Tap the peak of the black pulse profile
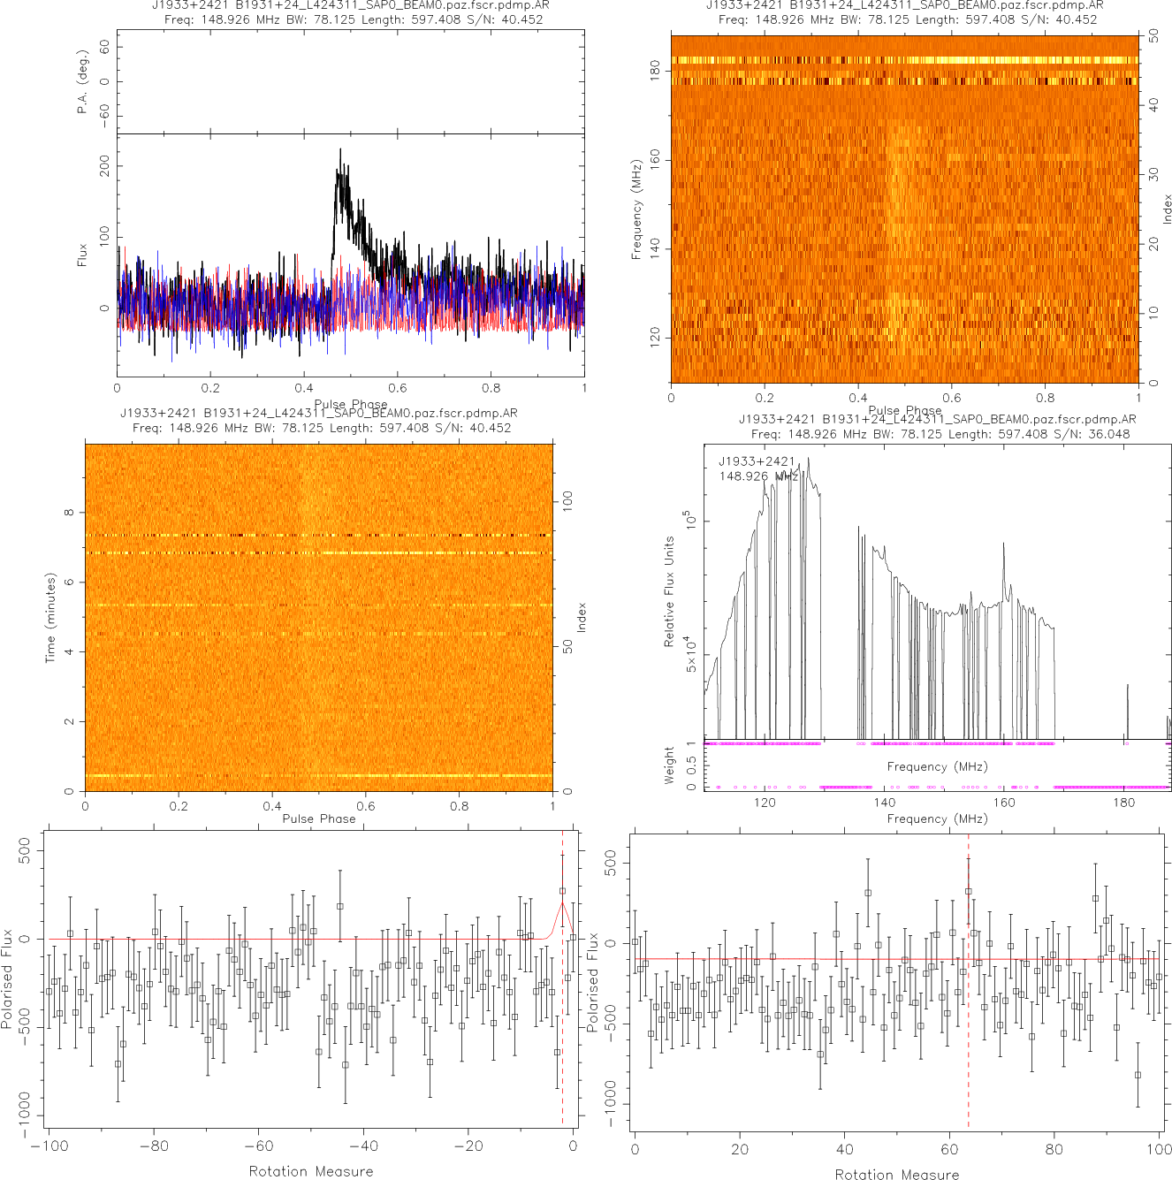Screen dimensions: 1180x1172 click(340, 150)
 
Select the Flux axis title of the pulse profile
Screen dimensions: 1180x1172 click(82, 255)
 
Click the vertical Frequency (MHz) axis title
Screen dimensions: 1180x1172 click(635, 209)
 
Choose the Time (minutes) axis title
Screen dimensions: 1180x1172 click(50, 618)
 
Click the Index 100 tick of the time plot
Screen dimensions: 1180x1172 click(567, 501)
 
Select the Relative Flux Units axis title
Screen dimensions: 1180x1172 click(669, 591)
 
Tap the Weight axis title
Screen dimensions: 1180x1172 click(669, 765)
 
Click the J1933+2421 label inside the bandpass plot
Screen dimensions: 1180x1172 click(757, 461)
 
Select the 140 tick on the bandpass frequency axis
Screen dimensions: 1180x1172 click(884, 803)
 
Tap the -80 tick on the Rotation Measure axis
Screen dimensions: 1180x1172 click(153, 1146)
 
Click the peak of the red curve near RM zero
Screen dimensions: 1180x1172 click(562, 902)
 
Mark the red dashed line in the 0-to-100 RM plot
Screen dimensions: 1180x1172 click(969, 1016)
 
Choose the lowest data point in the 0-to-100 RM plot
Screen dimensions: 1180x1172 click(1138, 1075)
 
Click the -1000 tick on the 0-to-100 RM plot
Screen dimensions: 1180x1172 click(611, 1105)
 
